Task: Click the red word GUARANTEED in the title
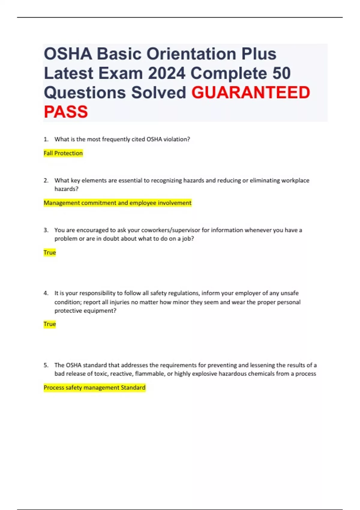pos(250,92)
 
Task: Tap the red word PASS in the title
pos(66,112)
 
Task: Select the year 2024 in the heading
pos(166,73)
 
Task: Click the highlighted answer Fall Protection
pos(63,153)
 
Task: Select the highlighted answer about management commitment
pos(117,203)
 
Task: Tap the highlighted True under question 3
pos(49,253)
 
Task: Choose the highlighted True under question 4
pos(49,324)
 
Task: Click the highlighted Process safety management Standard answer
pos(94,388)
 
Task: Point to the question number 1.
pos(46,139)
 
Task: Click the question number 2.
pos(46,181)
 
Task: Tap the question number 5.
pos(46,365)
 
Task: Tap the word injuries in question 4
pos(120,302)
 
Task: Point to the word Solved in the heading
pos(158,92)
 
